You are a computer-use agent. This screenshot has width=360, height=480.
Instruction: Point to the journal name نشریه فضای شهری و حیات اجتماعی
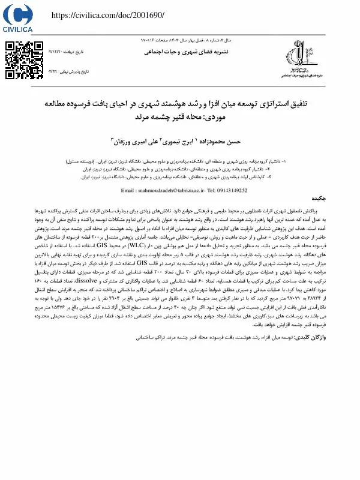pos(181,53)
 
